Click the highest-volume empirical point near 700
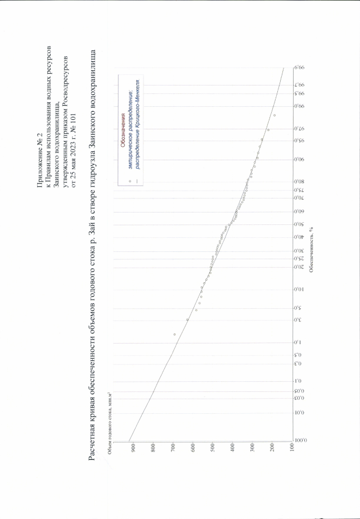point(174,335)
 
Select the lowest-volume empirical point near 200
point(274,115)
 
